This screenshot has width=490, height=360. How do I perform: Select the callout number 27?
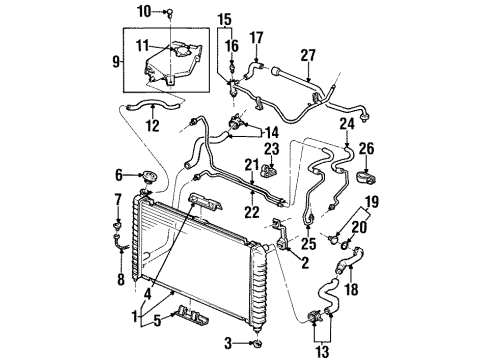(x=307, y=56)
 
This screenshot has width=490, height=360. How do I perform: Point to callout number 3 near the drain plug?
(x=226, y=344)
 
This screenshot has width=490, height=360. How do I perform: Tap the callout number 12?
(x=152, y=125)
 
